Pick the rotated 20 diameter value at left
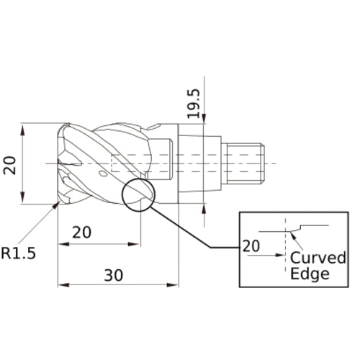click(9, 165)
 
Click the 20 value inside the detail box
click(251, 245)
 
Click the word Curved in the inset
click(318, 258)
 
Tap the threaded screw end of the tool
click(244, 163)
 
